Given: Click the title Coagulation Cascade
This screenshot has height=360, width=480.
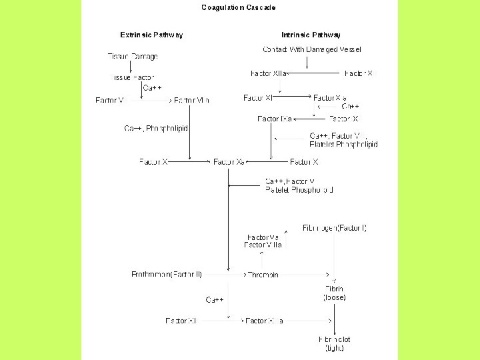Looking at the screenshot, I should pyautogui.click(x=239, y=8).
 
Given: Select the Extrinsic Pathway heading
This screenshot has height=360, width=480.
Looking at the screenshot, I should pyautogui.click(x=151, y=35).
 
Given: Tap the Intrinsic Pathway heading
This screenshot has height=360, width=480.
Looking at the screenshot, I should pyautogui.click(x=311, y=35).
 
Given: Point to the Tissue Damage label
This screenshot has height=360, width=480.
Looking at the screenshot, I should pyautogui.click(x=133, y=56).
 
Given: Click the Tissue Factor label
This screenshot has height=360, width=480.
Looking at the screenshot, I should pyautogui.click(x=133, y=77).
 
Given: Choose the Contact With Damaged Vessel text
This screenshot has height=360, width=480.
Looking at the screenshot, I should pyautogui.click(x=312, y=49).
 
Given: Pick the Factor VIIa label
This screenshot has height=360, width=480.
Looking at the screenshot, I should pyautogui.click(x=191, y=100).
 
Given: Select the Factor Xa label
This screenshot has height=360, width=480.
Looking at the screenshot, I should pyautogui.click(x=229, y=161).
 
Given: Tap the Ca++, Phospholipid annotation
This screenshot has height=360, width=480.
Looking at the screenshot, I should pyautogui.click(x=156, y=128).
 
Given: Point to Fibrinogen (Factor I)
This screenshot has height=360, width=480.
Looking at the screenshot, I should pyautogui.click(x=335, y=228).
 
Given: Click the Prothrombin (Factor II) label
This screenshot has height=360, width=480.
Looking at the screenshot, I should pyautogui.click(x=167, y=274).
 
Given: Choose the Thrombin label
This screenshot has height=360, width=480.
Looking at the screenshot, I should pyautogui.click(x=263, y=275).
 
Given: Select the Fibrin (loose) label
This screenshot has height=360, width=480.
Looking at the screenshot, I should pyautogui.click(x=335, y=293).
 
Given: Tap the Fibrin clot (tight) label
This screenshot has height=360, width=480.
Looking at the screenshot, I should pyautogui.click(x=335, y=343).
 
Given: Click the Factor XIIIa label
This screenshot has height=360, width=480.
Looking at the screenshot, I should pyautogui.click(x=265, y=321).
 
